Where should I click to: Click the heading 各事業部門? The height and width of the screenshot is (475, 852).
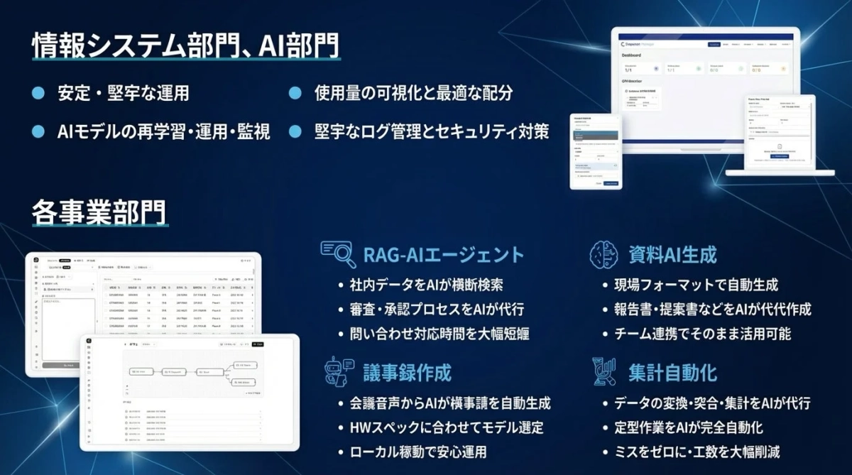click(x=99, y=211)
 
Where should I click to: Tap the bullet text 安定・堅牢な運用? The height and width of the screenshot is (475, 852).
click(x=123, y=94)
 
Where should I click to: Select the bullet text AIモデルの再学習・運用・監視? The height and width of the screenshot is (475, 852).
click(x=163, y=132)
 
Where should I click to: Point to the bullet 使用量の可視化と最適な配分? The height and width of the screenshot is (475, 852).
click(x=413, y=94)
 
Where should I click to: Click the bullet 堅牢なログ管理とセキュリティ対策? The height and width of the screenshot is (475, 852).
click(x=432, y=132)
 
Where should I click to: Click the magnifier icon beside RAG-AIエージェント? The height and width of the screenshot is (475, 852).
click(x=338, y=253)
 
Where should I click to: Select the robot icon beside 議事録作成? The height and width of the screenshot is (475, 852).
click(x=338, y=371)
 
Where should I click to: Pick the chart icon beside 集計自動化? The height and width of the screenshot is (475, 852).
click(x=603, y=371)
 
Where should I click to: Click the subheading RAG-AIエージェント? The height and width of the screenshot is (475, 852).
click(x=443, y=254)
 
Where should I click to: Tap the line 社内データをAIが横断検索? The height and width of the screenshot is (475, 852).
click(x=427, y=285)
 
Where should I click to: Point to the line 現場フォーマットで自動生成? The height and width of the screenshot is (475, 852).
click(x=697, y=285)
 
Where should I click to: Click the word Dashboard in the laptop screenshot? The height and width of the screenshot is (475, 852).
click(x=631, y=55)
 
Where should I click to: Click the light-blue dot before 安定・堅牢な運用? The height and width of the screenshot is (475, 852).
click(x=39, y=94)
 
